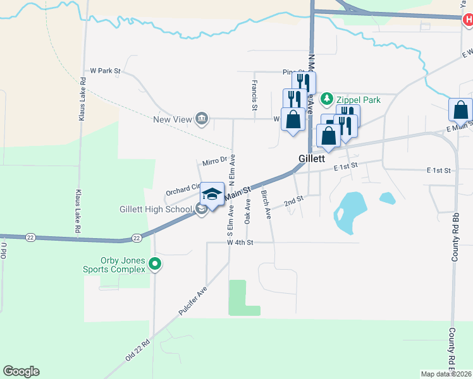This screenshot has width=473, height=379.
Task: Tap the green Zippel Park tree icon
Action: [326, 99]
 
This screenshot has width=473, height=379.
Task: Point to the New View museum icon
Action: [202, 119]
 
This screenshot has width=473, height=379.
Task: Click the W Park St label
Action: [105, 71]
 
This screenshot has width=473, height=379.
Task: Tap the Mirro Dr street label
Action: [214, 162]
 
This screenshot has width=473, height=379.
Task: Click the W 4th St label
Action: [240, 243]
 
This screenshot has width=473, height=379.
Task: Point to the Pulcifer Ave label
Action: [193, 301]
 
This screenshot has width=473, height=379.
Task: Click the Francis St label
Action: [254, 94]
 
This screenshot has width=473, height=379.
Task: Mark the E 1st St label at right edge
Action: [438, 171]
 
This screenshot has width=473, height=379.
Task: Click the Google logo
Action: [21, 371]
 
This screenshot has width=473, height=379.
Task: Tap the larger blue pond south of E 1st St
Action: [350, 212]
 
